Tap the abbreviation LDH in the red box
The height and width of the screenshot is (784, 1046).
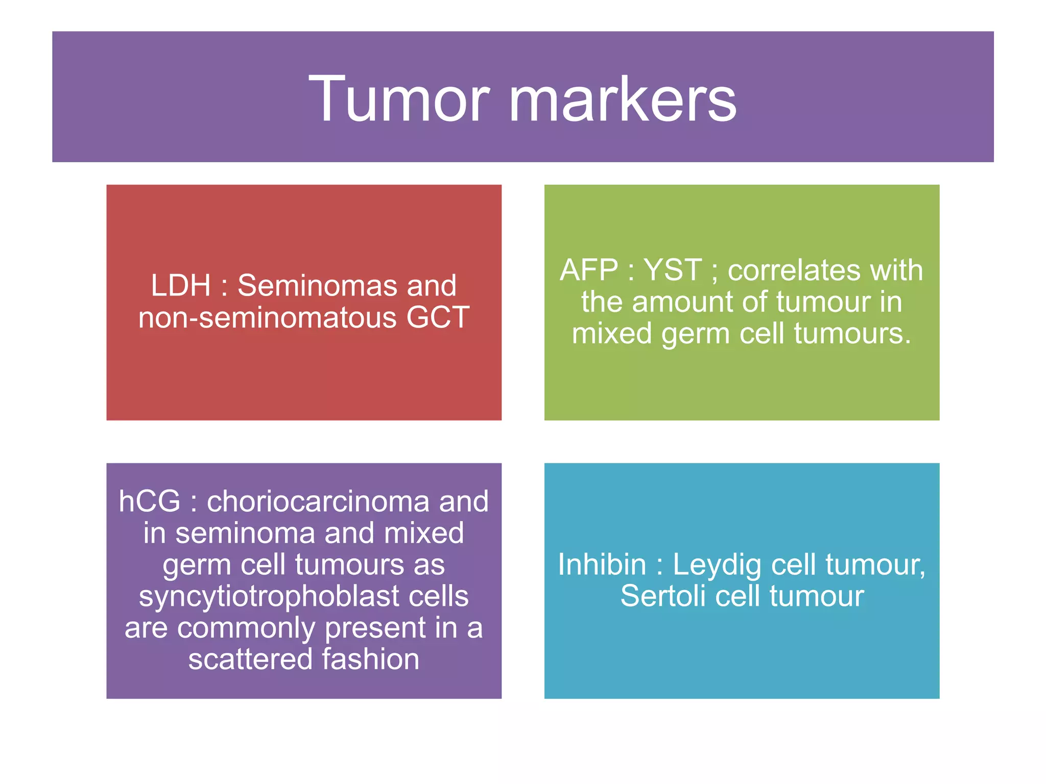pos(180,285)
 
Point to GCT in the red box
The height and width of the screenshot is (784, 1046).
pos(438,317)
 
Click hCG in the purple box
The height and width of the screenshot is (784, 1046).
pos(149,501)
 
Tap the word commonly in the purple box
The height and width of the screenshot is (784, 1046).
pos(246,628)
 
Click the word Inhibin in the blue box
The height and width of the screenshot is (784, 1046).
pos(602,565)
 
